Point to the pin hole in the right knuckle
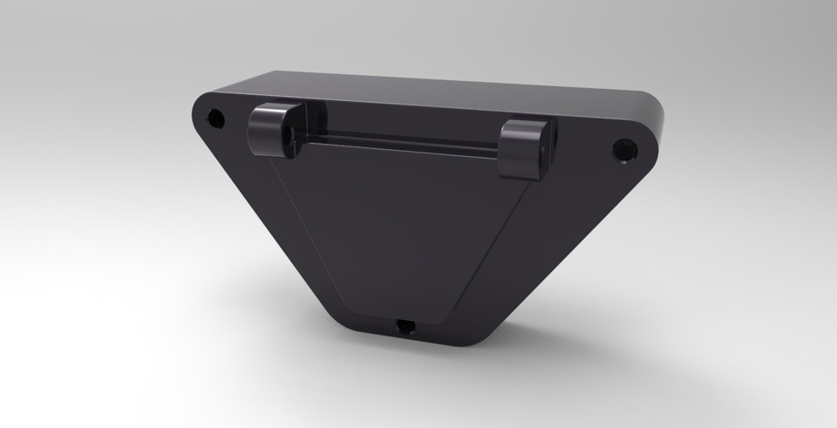click(542, 153)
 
